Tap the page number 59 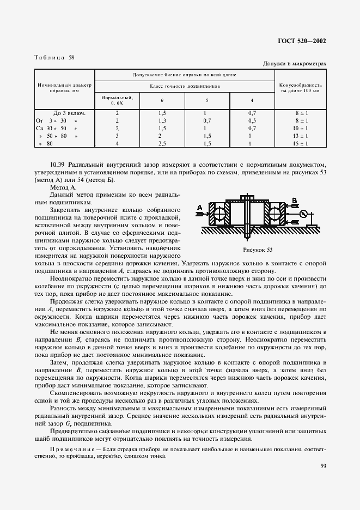coord(324,465)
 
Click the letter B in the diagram coord(295,200)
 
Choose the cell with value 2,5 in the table coord(162,143)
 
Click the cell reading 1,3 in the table coord(162,120)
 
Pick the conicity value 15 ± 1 coord(301,143)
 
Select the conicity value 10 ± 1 coord(301,128)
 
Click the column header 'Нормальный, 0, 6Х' coord(117,99)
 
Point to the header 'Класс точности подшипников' coord(185,86)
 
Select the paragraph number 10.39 coord(58,164)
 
